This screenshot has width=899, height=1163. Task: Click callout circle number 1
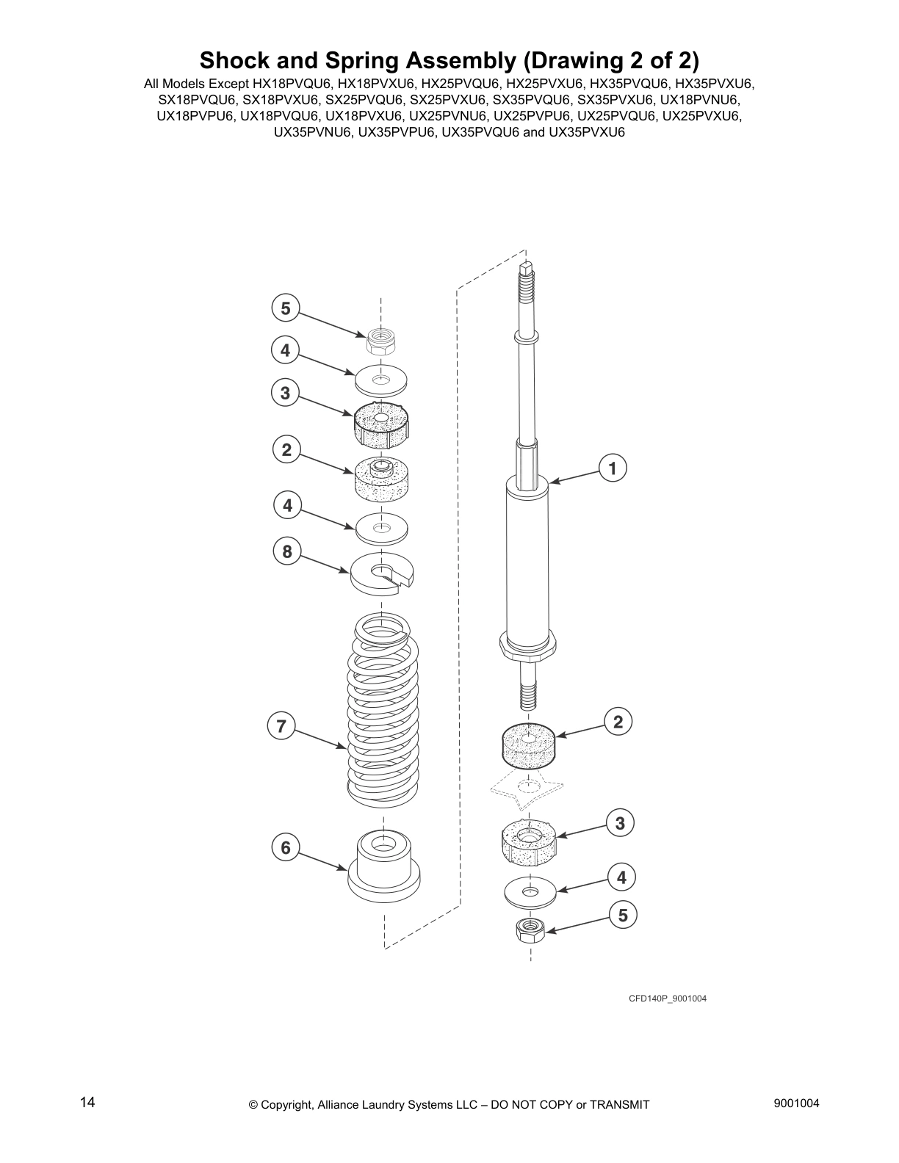(613, 468)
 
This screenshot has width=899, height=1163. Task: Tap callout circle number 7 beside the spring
(281, 727)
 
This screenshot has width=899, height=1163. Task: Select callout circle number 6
(286, 848)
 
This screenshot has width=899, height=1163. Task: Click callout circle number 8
(287, 551)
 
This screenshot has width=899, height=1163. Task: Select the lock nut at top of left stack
(380, 340)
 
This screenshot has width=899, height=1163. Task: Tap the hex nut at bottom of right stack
(528, 931)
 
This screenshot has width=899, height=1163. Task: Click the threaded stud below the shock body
(527, 686)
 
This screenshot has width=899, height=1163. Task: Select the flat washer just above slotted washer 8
(382, 527)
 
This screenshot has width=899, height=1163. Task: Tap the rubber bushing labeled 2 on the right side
(528, 747)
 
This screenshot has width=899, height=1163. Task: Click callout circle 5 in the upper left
(286, 308)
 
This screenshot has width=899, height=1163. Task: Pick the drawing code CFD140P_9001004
(667, 999)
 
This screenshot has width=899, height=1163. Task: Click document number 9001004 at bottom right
(796, 1104)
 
